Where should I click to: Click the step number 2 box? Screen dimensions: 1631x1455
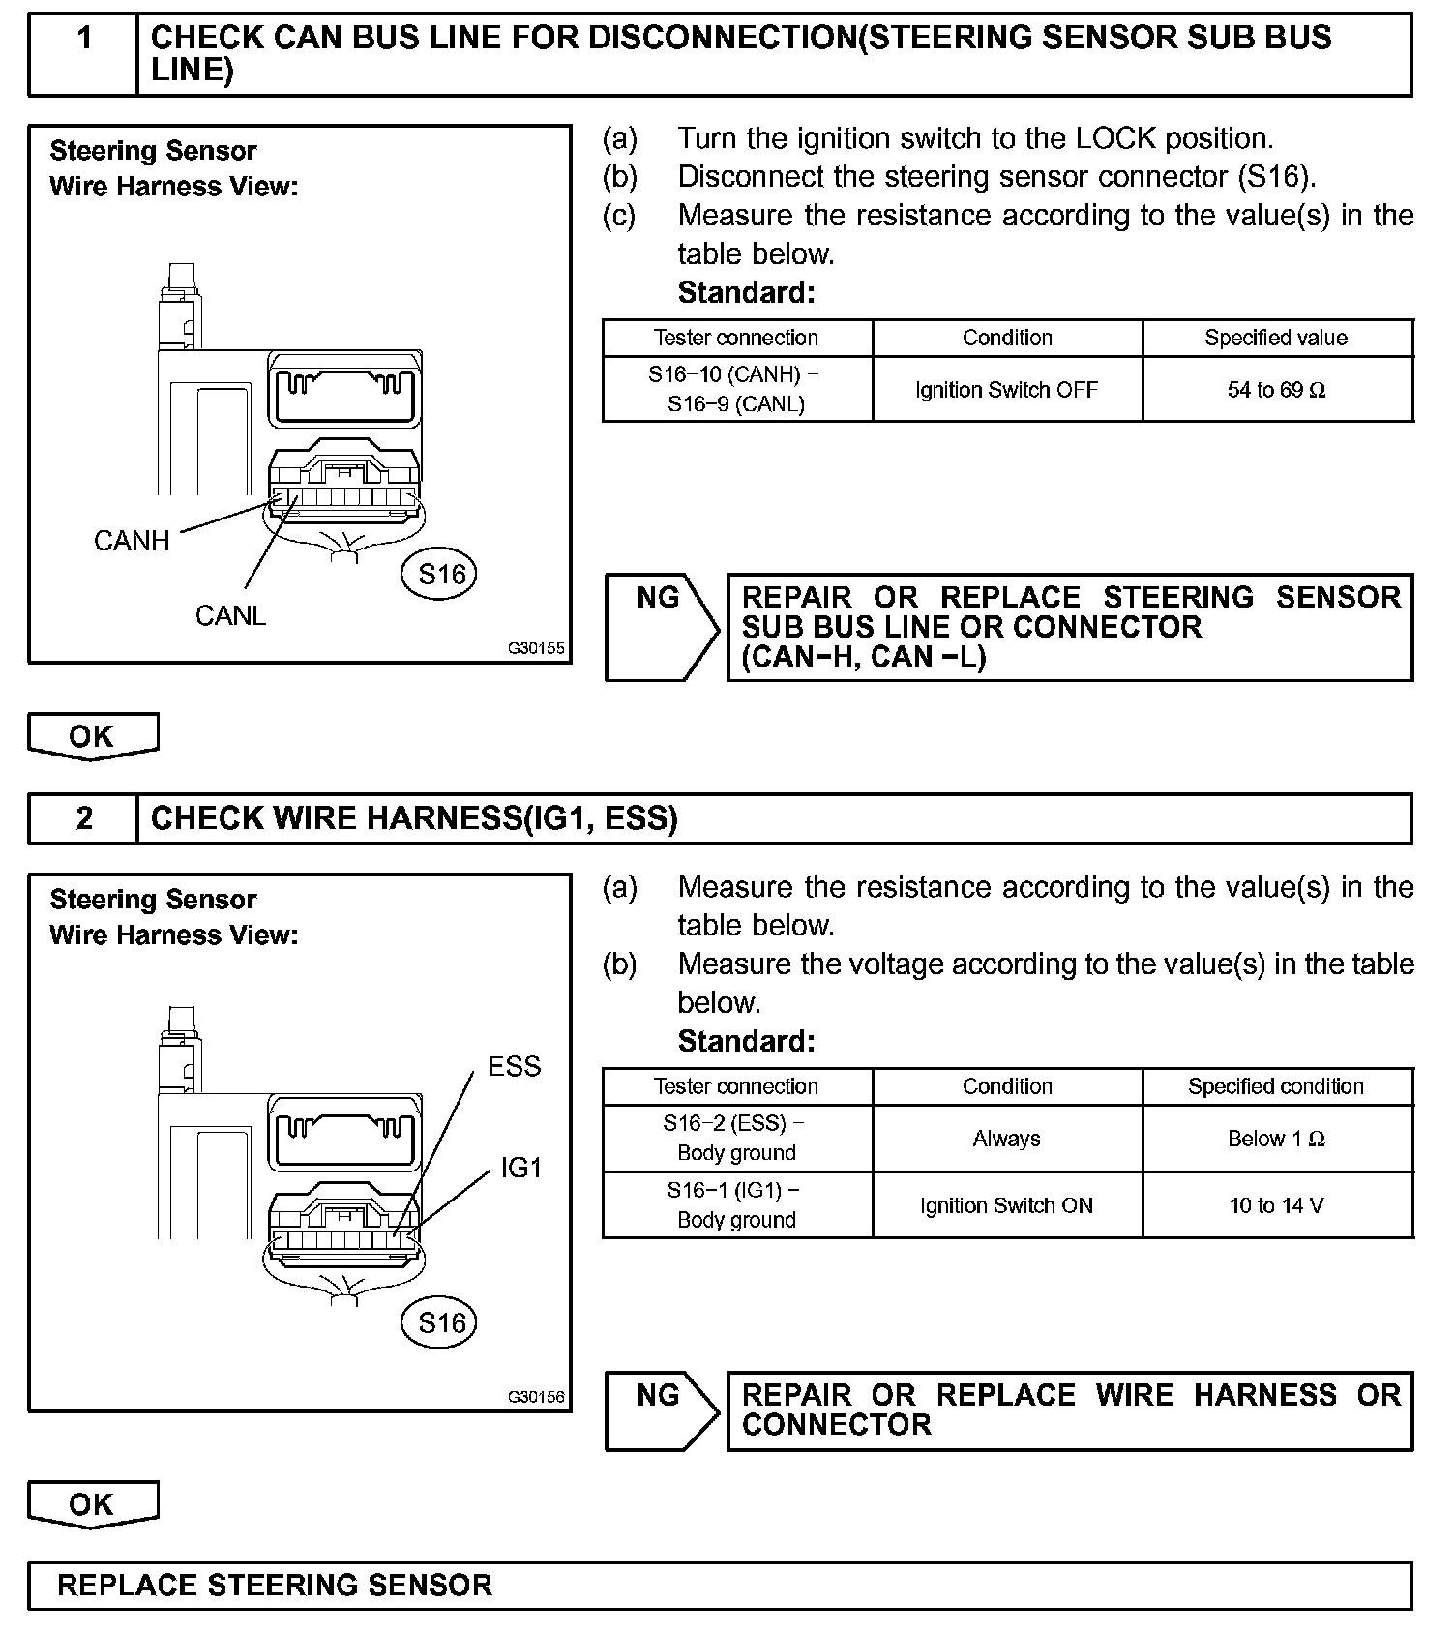[x=84, y=818]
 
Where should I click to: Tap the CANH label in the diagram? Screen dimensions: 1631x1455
[x=132, y=541]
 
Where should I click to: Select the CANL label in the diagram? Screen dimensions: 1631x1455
[x=230, y=615]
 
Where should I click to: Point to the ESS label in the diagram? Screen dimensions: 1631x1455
[x=514, y=1066]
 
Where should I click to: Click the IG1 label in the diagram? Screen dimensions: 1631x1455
[x=521, y=1168]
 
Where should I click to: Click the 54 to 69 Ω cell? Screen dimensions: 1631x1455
[x=1276, y=390]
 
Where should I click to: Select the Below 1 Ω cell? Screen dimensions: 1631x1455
[x=1276, y=1139]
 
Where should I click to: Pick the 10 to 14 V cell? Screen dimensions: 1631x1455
[x=1276, y=1205]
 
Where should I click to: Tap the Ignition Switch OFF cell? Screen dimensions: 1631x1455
[x=1006, y=390]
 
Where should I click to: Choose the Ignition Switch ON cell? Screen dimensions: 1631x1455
[x=1006, y=1205]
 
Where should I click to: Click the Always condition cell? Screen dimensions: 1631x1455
[x=1006, y=1139]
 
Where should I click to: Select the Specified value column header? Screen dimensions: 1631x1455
[x=1276, y=338]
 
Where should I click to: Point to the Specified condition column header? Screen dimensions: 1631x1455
[x=1276, y=1086]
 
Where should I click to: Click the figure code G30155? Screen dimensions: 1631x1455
[x=536, y=648]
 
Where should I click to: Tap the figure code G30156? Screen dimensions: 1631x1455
[x=536, y=1397]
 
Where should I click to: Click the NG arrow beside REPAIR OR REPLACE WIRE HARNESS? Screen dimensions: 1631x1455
[x=662, y=1410]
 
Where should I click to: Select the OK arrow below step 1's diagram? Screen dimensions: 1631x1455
[x=93, y=736]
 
